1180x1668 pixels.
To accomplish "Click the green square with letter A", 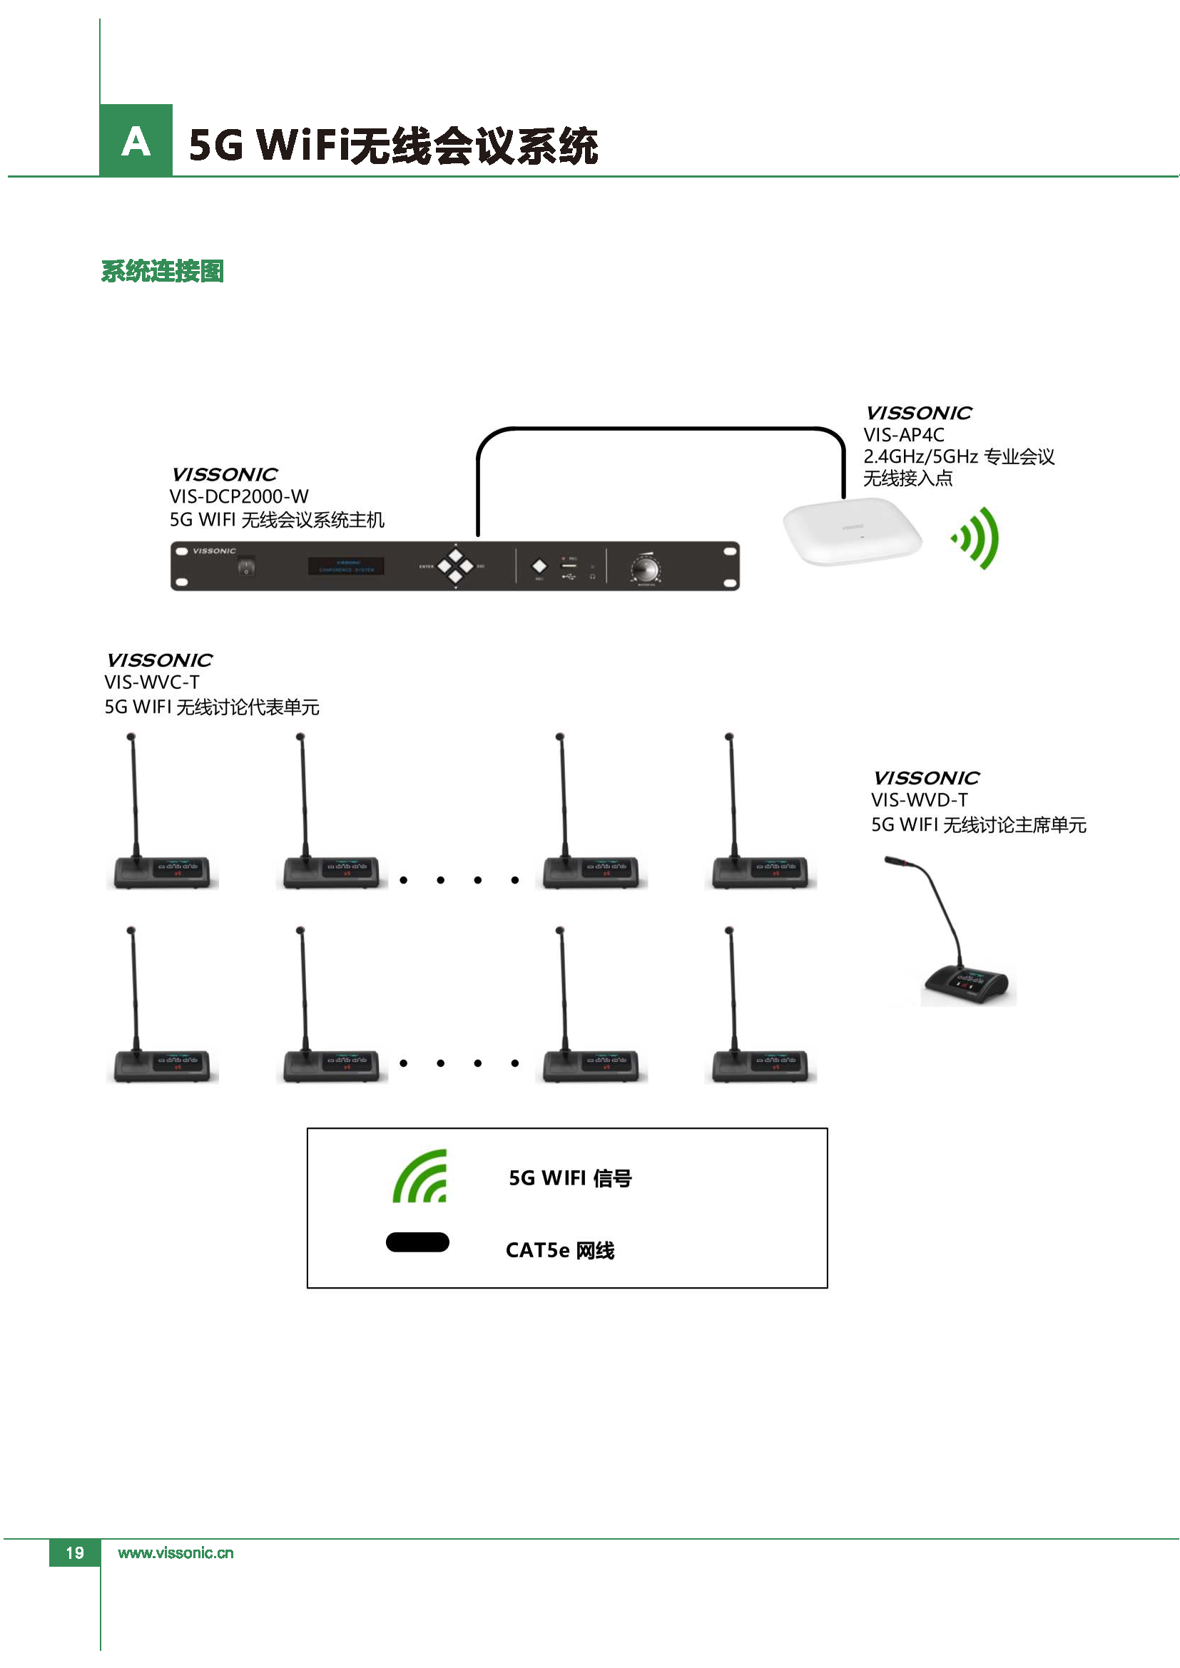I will (x=136, y=140).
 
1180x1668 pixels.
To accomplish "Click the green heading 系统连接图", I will (x=162, y=271).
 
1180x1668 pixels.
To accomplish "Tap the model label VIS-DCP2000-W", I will (x=239, y=497).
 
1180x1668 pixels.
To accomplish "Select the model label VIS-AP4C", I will (x=904, y=435).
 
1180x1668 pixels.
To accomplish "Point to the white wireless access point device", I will (x=853, y=531).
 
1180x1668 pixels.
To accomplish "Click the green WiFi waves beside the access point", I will (x=977, y=538).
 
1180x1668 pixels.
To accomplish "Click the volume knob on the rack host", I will (x=645, y=568).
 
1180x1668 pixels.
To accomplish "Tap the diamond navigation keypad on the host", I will (x=456, y=566).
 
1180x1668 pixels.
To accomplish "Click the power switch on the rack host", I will (x=246, y=567).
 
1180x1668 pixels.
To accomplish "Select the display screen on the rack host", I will (x=347, y=566).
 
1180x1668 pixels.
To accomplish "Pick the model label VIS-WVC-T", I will (x=152, y=683).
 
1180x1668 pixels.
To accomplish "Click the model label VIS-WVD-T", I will (x=919, y=801).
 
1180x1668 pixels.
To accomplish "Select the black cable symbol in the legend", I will (x=417, y=1243).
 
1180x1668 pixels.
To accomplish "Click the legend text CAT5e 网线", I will (x=559, y=1250).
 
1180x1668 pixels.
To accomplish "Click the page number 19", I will (x=75, y=1553).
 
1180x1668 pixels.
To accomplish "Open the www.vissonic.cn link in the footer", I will (x=176, y=1553).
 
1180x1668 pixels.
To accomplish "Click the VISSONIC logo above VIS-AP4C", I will (x=918, y=414).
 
